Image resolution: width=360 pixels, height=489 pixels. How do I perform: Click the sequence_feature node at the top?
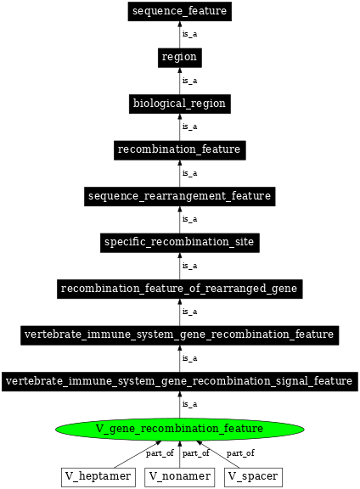point(179,11)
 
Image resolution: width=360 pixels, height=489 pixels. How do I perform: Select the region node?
point(179,58)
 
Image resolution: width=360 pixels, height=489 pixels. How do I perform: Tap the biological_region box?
point(179,104)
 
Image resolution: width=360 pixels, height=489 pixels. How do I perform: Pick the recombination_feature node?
point(179,150)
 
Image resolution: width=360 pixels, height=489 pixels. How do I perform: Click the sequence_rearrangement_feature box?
point(179,196)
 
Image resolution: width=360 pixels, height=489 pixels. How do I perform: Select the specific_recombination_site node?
point(179,243)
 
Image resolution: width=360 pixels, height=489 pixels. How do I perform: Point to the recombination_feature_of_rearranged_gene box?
point(179,289)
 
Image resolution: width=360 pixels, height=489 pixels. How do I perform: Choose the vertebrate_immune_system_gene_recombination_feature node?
point(179,335)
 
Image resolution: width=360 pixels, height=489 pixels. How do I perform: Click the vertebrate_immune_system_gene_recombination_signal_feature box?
point(179,381)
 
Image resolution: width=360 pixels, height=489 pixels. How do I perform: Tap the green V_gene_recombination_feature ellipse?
point(179,428)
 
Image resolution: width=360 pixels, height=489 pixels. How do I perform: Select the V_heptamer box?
point(98,476)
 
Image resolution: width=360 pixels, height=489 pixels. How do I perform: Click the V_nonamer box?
point(179,476)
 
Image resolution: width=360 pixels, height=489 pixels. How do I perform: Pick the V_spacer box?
point(253,476)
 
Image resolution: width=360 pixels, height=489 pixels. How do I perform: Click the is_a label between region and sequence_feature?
point(190,35)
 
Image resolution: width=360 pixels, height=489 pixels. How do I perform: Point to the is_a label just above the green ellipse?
point(190,405)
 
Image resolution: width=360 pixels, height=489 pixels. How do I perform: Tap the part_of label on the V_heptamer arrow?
point(160,453)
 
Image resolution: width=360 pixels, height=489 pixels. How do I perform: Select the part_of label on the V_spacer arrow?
point(240,453)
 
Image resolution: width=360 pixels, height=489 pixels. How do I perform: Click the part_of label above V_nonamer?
point(196,453)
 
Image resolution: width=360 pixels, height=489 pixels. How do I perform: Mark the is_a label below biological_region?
point(190,127)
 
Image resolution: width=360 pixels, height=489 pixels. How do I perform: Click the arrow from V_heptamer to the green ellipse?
point(136,457)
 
